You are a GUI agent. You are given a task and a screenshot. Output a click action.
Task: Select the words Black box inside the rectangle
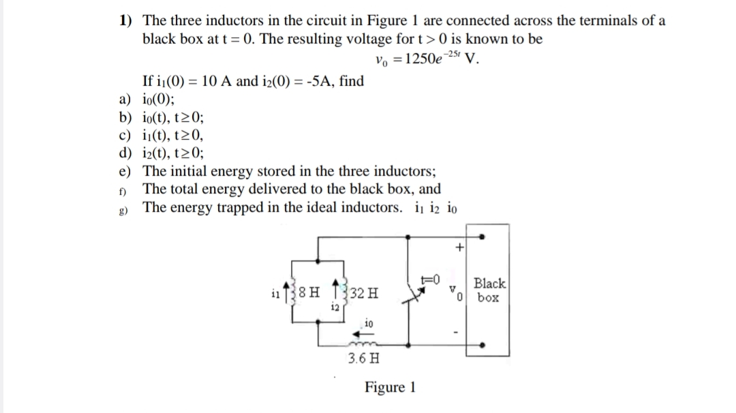point(489,290)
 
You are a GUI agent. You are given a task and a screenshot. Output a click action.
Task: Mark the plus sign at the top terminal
point(460,249)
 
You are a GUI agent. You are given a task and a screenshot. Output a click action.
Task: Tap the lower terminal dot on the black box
point(482,343)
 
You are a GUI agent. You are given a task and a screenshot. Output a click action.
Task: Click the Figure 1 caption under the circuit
point(390,388)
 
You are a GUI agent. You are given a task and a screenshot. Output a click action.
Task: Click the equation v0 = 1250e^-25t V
point(427,58)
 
